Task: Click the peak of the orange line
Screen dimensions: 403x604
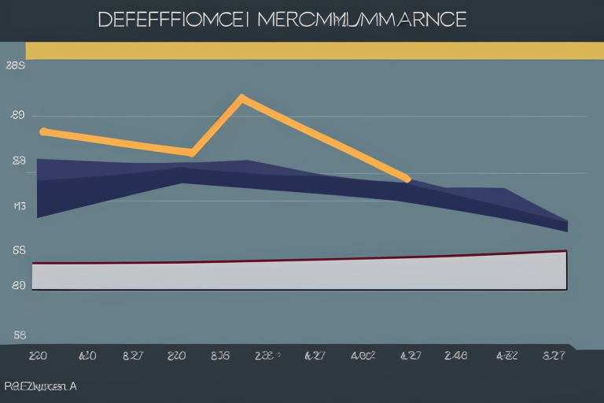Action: tap(241, 99)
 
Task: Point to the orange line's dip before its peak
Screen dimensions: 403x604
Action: tap(191, 151)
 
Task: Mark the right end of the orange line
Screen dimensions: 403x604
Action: tap(407, 179)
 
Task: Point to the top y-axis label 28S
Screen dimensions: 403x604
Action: tap(16, 68)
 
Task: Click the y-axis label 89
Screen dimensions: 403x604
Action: tap(17, 116)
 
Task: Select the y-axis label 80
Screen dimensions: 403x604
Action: tap(18, 287)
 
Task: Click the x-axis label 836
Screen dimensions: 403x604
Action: tap(220, 356)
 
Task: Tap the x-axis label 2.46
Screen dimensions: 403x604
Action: tap(455, 356)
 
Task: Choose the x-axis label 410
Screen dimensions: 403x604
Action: tap(87, 356)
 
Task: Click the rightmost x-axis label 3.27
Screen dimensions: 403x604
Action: tap(553, 356)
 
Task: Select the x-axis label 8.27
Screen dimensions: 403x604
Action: tap(132, 356)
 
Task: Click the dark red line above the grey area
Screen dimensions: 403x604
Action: tap(315, 260)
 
